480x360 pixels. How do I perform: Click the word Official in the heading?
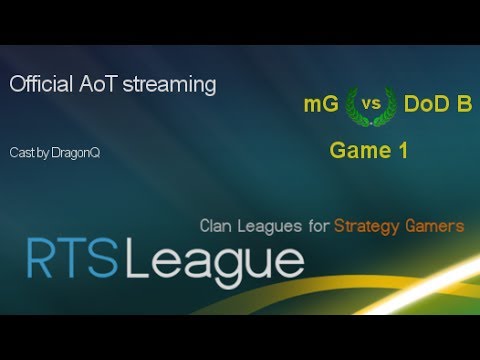click(39, 85)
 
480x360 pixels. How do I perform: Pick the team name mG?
click(322, 104)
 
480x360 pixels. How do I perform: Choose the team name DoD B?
click(438, 104)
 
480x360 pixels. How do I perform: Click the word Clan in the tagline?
click(217, 227)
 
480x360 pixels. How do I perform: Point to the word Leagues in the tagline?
click(271, 227)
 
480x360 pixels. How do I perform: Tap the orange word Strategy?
click(367, 227)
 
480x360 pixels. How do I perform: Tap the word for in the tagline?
click(318, 227)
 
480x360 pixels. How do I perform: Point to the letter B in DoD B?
click(462, 104)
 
